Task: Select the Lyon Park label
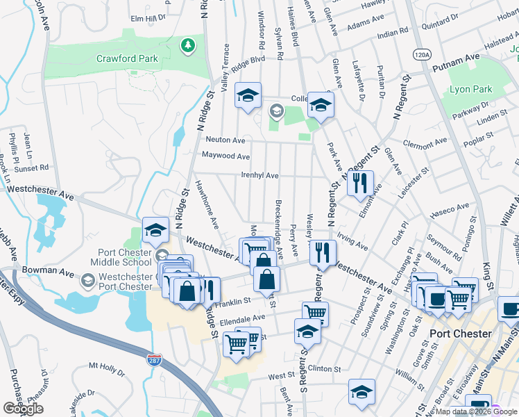[x=471, y=89]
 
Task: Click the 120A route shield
[x=422, y=54]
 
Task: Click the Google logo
[x=23, y=409]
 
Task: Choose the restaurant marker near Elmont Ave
[x=359, y=183]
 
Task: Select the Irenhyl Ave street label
[x=259, y=176]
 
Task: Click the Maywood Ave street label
[x=226, y=156]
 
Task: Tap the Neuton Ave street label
[x=223, y=140]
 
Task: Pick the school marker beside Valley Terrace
[x=246, y=97]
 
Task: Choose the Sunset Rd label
[x=34, y=167]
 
